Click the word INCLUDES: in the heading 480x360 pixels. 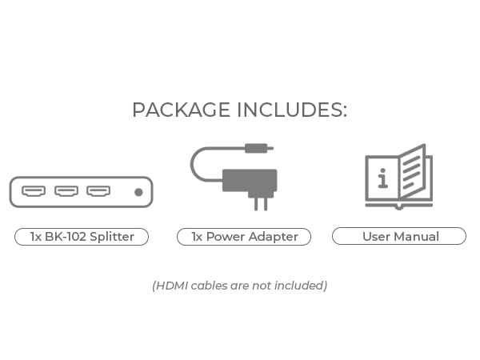click(290, 110)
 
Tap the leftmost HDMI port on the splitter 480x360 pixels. click(34, 192)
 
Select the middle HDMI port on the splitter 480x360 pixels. click(66, 192)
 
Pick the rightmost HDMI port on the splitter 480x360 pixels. click(98, 192)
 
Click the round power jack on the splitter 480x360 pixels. click(138, 192)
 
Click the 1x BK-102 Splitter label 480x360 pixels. click(82, 237)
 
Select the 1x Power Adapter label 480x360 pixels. click(244, 237)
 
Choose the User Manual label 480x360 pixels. click(400, 237)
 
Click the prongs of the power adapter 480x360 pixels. click(260, 203)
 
